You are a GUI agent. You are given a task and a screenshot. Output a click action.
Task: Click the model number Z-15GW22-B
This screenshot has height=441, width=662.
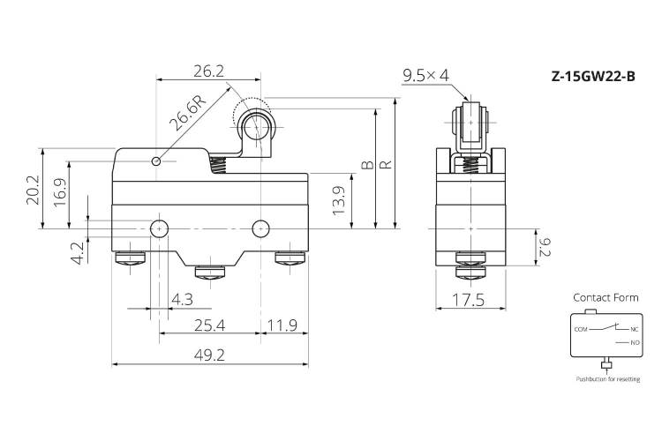(x=593, y=77)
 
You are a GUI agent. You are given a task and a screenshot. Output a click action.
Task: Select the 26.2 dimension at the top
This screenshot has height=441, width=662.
(x=208, y=71)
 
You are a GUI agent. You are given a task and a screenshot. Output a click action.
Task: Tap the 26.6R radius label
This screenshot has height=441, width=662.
(x=188, y=112)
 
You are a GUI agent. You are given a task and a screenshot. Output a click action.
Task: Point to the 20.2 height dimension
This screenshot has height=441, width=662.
(x=33, y=190)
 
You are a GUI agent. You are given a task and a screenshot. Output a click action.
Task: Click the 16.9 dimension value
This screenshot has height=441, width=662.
(x=60, y=192)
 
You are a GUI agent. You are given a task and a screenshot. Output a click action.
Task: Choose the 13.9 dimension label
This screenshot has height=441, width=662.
(x=339, y=201)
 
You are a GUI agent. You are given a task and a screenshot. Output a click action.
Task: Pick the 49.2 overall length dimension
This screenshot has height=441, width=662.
(x=210, y=355)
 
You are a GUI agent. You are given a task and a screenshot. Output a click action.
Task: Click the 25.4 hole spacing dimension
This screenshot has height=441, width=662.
(x=210, y=325)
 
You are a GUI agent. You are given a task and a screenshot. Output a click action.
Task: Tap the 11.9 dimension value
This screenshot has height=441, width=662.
(x=282, y=325)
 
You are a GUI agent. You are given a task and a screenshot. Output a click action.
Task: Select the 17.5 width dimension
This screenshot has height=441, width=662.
(x=469, y=300)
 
